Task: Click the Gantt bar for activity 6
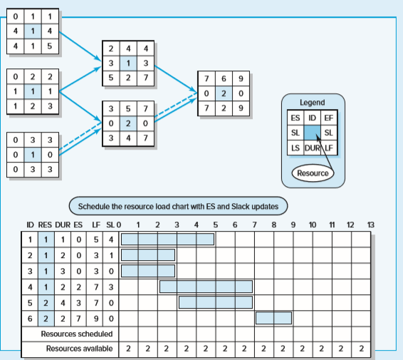(273, 318)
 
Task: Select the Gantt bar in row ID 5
(216, 302)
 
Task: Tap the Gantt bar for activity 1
(167, 239)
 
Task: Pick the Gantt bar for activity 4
(206, 287)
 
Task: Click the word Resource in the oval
(313, 173)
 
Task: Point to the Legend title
(313, 103)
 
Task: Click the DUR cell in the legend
(313, 148)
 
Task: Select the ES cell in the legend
(295, 118)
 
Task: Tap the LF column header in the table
(96, 225)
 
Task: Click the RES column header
(45, 225)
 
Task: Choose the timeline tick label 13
(371, 225)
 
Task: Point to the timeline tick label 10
(313, 225)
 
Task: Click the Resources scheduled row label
(77, 334)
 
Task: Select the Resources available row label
(80, 349)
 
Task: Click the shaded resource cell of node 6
(224, 93)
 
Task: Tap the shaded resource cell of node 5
(128, 123)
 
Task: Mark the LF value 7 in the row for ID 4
(96, 287)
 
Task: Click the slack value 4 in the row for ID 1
(111, 240)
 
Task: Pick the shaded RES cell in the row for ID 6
(46, 319)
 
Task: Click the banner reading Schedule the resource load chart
(178, 206)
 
